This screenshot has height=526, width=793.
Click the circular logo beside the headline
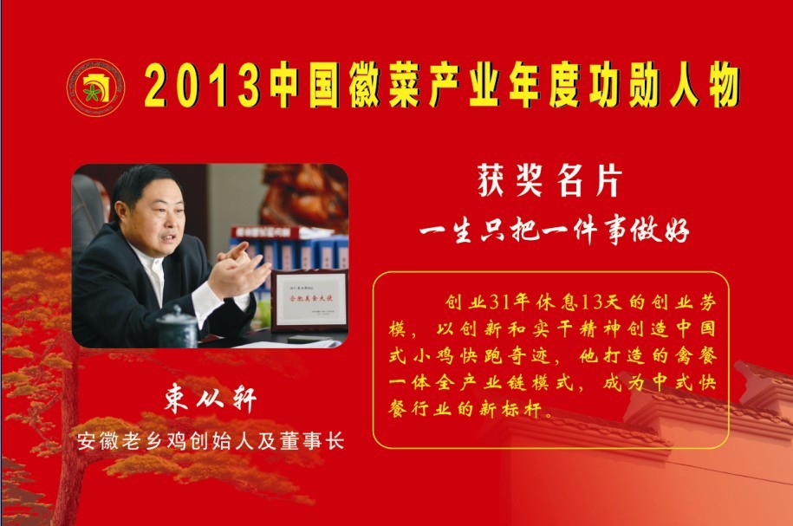95,88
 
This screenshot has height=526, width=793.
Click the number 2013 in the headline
202,87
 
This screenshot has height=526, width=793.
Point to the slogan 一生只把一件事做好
555,231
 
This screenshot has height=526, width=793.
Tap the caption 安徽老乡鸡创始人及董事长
211,441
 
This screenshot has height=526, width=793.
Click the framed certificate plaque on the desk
310,302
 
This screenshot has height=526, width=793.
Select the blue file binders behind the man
289,252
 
